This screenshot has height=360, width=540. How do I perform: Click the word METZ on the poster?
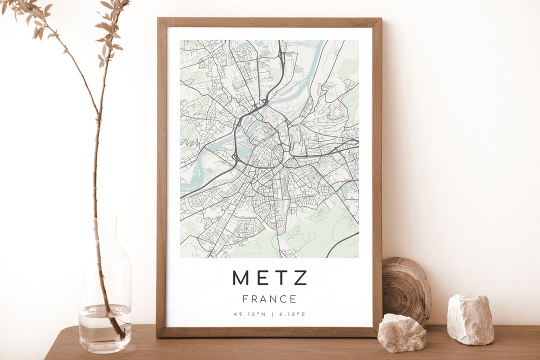pyautogui.click(x=269, y=278)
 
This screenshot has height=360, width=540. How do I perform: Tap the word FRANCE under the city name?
pyautogui.click(x=269, y=299)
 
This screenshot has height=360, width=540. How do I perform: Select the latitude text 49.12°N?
pyautogui.click(x=249, y=314)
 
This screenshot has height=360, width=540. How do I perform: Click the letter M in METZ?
pyautogui.click(x=240, y=278)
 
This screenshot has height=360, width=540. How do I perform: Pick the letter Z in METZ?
pyautogui.click(x=300, y=278)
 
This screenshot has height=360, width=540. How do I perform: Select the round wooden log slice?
pyautogui.click(x=406, y=290)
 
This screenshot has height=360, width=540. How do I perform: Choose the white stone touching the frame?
pyautogui.click(x=401, y=332)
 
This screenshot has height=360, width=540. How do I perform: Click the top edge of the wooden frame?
pyautogui.click(x=269, y=22)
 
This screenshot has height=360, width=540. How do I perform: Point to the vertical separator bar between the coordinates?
pyautogui.click(x=272, y=314)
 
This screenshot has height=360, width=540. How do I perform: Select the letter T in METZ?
pyautogui.click(x=280, y=278)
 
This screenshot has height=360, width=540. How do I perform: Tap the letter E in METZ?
pyautogui.click(x=261, y=278)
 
